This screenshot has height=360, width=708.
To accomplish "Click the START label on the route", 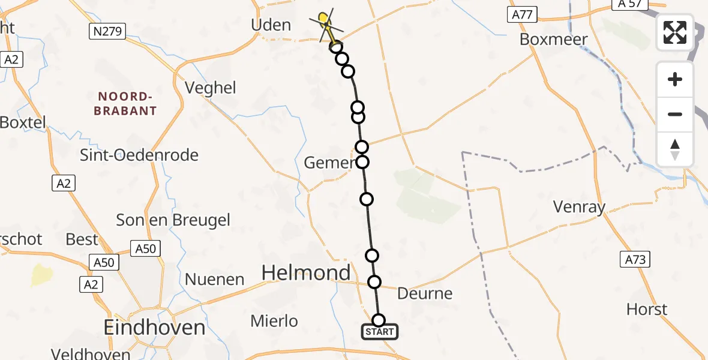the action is (x=379, y=332).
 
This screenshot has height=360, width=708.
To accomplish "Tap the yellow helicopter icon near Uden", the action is (x=325, y=22).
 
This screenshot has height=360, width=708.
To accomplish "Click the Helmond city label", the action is (x=306, y=274).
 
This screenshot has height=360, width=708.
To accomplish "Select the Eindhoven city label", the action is (x=154, y=328).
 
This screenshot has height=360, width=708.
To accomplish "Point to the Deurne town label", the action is (x=425, y=293).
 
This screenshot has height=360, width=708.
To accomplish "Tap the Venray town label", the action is (x=579, y=208).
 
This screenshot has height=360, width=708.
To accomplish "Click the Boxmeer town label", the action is (x=553, y=39).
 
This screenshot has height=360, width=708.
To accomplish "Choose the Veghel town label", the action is (x=211, y=88).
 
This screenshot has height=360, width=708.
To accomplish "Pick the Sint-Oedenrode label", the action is (x=139, y=155).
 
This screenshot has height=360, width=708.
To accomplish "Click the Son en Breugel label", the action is (x=173, y=220).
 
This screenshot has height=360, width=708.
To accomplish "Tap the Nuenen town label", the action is (x=214, y=279).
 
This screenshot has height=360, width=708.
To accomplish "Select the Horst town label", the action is (x=647, y=310).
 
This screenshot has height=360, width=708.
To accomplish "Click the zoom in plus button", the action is (x=675, y=79).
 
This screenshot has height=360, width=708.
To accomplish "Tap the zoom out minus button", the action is (x=675, y=114).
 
